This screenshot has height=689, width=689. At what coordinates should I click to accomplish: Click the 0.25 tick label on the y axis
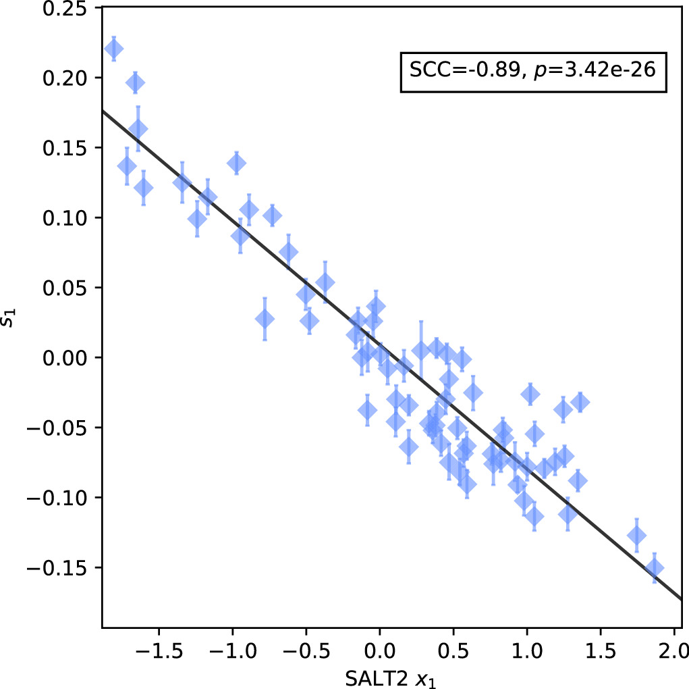click(x=67, y=8)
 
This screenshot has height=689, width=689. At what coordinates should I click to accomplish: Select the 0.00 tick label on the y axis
click(x=67, y=357)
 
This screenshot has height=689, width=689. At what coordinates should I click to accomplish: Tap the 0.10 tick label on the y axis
click(x=67, y=218)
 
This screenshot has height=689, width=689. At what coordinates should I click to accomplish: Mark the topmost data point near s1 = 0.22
click(x=113, y=49)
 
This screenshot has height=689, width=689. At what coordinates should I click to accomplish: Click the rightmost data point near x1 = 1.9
click(x=654, y=568)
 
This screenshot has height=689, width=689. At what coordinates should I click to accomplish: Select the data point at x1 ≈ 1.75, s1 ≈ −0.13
click(x=636, y=536)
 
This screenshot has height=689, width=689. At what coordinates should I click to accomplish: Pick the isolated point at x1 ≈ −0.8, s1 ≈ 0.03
click(x=265, y=319)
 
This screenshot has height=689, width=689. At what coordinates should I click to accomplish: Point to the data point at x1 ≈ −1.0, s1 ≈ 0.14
click(x=236, y=163)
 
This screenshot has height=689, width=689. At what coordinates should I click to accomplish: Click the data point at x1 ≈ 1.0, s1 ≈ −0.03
click(x=530, y=394)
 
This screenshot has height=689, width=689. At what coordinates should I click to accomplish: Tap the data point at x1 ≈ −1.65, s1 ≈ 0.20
click(x=135, y=82)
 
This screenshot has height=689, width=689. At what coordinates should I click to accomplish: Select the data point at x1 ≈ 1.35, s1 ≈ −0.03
click(x=580, y=403)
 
